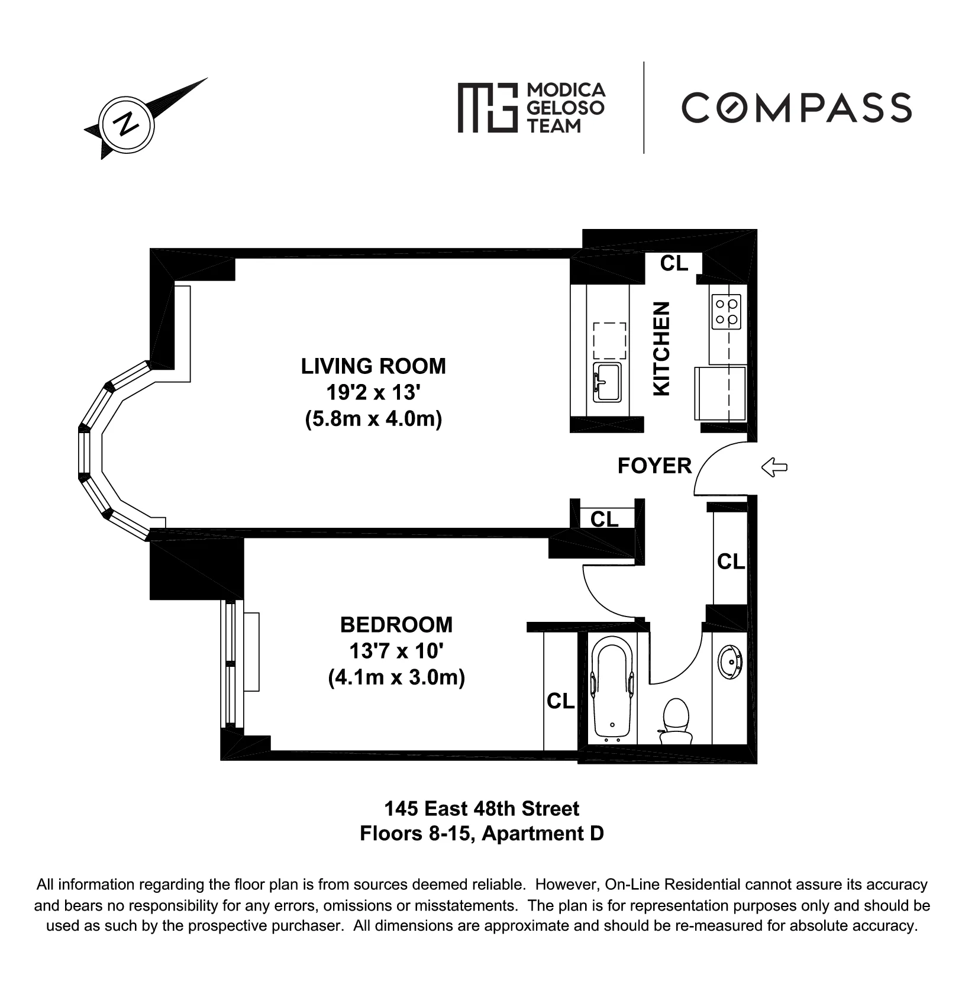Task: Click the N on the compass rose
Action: (125, 125)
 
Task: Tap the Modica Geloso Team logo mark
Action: (486, 107)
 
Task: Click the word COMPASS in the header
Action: (796, 108)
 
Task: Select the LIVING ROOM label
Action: (373, 366)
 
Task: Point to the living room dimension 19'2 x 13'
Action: (373, 392)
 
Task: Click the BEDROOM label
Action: (396, 625)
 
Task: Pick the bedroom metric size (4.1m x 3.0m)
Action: (396, 677)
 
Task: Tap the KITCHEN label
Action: (661, 349)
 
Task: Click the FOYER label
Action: (654, 466)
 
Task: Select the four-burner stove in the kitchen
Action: (727, 312)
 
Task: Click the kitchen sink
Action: (608, 382)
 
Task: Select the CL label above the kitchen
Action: (674, 263)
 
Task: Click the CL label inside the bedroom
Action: (560, 701)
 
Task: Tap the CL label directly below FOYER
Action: (604, 519)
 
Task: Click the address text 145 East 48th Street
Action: (482, 808)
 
